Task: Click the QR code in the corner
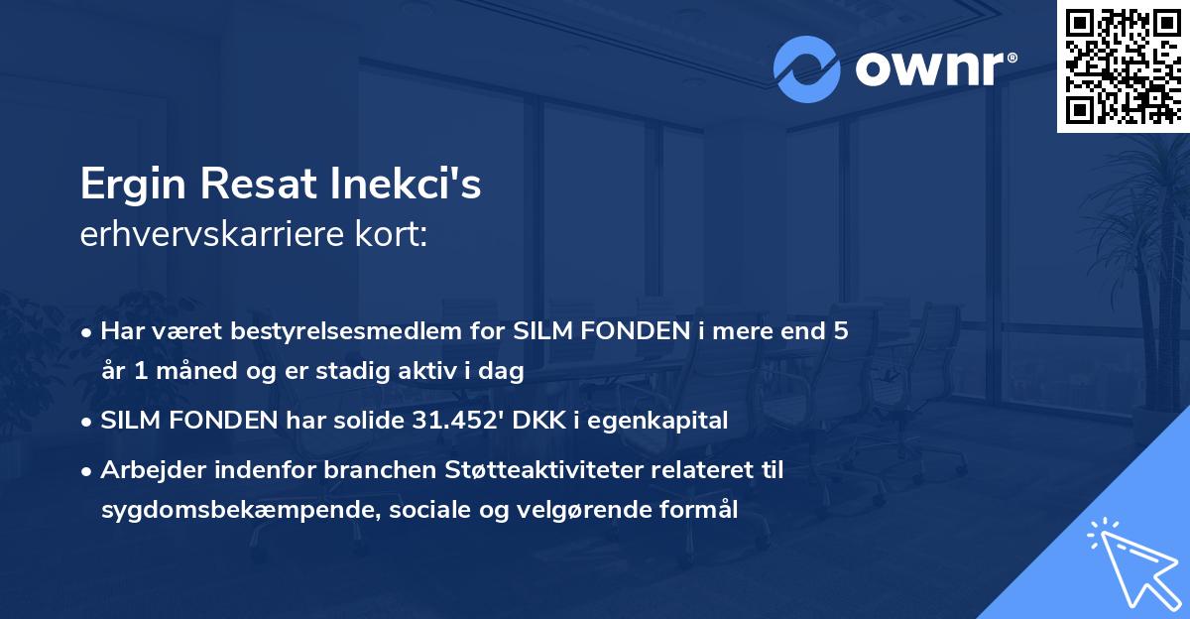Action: click(x=1124, y=65)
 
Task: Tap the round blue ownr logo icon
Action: click(x=806, y=69)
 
